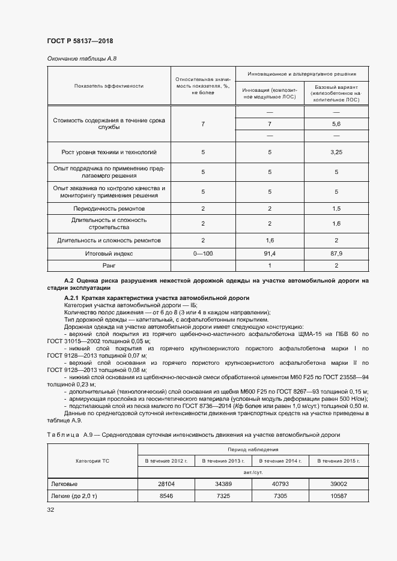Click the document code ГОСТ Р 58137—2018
tap(79, 41)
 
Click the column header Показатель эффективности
tap(109, 86)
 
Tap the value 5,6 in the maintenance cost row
tap(336, 124)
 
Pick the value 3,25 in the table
tap(336, 152)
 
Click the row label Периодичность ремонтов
tap(109, 209)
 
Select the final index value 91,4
tap(270, 254)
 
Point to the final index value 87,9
tap(336, 254)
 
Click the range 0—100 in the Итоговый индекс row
tap(203, 254)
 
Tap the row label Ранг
tap(109, 265)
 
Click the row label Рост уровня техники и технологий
tap(109, 152)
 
